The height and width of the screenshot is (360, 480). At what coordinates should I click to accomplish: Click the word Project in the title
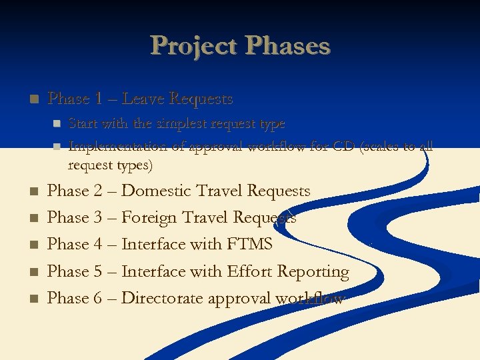(x=194, y=46)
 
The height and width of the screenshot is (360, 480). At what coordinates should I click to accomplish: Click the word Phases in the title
(x=288, y=46)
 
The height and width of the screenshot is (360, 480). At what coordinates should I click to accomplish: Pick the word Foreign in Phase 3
(x=149, y=218)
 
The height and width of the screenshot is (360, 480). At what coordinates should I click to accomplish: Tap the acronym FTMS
(x=250, y=245)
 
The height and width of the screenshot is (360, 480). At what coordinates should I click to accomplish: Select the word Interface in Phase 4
(x=154, y=245)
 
